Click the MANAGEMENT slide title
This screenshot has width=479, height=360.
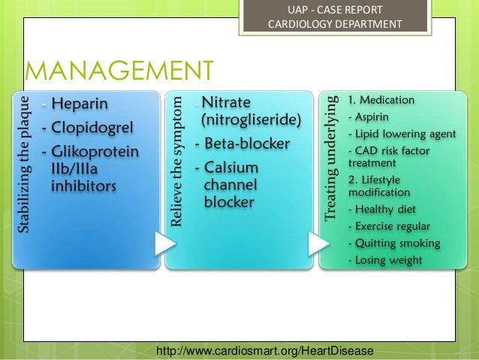119,72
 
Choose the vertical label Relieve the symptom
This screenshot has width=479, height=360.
177,159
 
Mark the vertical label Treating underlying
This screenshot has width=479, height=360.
331,157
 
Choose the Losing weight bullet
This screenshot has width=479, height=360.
387,261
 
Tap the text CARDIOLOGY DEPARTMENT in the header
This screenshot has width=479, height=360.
335,25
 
